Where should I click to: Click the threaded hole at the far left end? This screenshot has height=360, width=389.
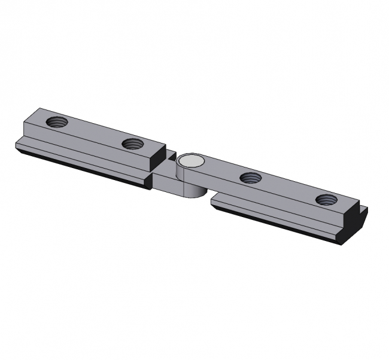(x=57, y=122)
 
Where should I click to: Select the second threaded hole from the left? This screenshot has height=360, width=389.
(x=132, y=144)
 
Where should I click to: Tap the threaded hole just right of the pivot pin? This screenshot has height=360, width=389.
(x=250, y=177)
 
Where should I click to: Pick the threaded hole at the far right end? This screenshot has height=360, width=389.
(x=327, y=200)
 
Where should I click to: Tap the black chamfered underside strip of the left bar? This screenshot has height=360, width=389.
(x=84, y=164)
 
